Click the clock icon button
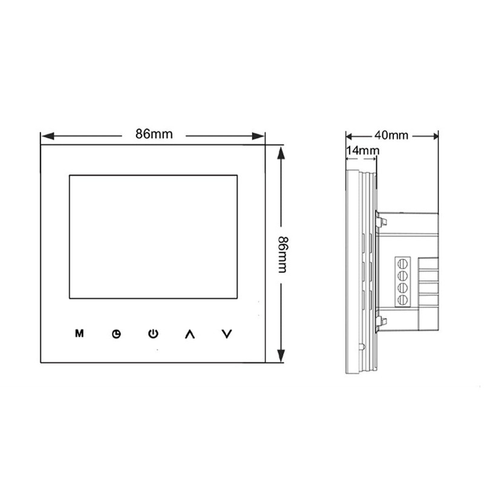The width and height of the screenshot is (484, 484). pos(116,334)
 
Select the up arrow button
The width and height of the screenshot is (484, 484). pos(190,333)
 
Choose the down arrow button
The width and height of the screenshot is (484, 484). pos(227,333)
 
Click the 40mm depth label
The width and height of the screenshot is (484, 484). pos(391,134)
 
